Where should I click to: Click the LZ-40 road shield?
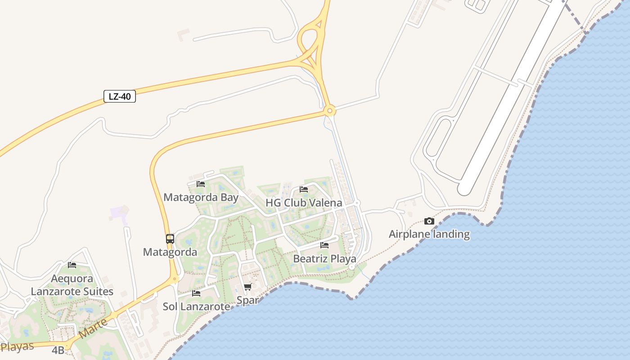[x=120, y=96]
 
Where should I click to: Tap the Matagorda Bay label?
[x=201, y=197]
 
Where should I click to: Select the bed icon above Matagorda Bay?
[x=201, y=184]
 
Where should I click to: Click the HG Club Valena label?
[x=304, y=202]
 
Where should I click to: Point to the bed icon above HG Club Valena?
[x=304, y=189]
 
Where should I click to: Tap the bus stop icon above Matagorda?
[x=170, y=239]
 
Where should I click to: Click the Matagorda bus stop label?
[x=170, y=252]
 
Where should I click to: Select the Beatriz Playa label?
[x=324, y=259]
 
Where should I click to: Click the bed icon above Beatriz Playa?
[x=324, y=245]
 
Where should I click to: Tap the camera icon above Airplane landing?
[x=429, y=221]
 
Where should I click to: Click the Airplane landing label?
[x=429, y=234]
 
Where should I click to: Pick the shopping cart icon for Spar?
[x=247, y=287]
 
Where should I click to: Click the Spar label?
[x=247, y=300]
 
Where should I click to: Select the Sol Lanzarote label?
[x=196, y=306]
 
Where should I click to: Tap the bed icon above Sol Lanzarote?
[x=196, y=293]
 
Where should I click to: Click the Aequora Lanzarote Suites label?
[x=72, y=285]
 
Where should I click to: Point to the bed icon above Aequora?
[x=72, y=265]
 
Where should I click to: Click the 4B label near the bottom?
[x=58, y=350]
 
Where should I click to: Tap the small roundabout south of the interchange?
[x=330, y=110]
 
